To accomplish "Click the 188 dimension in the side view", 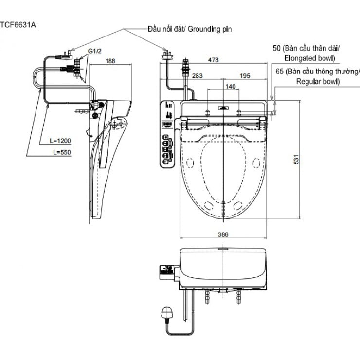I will click(111, 61).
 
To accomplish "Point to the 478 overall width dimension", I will click(213, 60).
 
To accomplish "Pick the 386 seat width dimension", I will click(223, 234).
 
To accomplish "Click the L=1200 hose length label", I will click(61, 141).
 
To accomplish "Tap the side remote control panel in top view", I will click(168, 134).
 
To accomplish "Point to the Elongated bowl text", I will click(309, 58).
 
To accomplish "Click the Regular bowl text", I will click(318, 82).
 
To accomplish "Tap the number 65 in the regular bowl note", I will click(279, 72).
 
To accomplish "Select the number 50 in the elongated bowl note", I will click(277, 48).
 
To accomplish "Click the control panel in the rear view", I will click(168, 271).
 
